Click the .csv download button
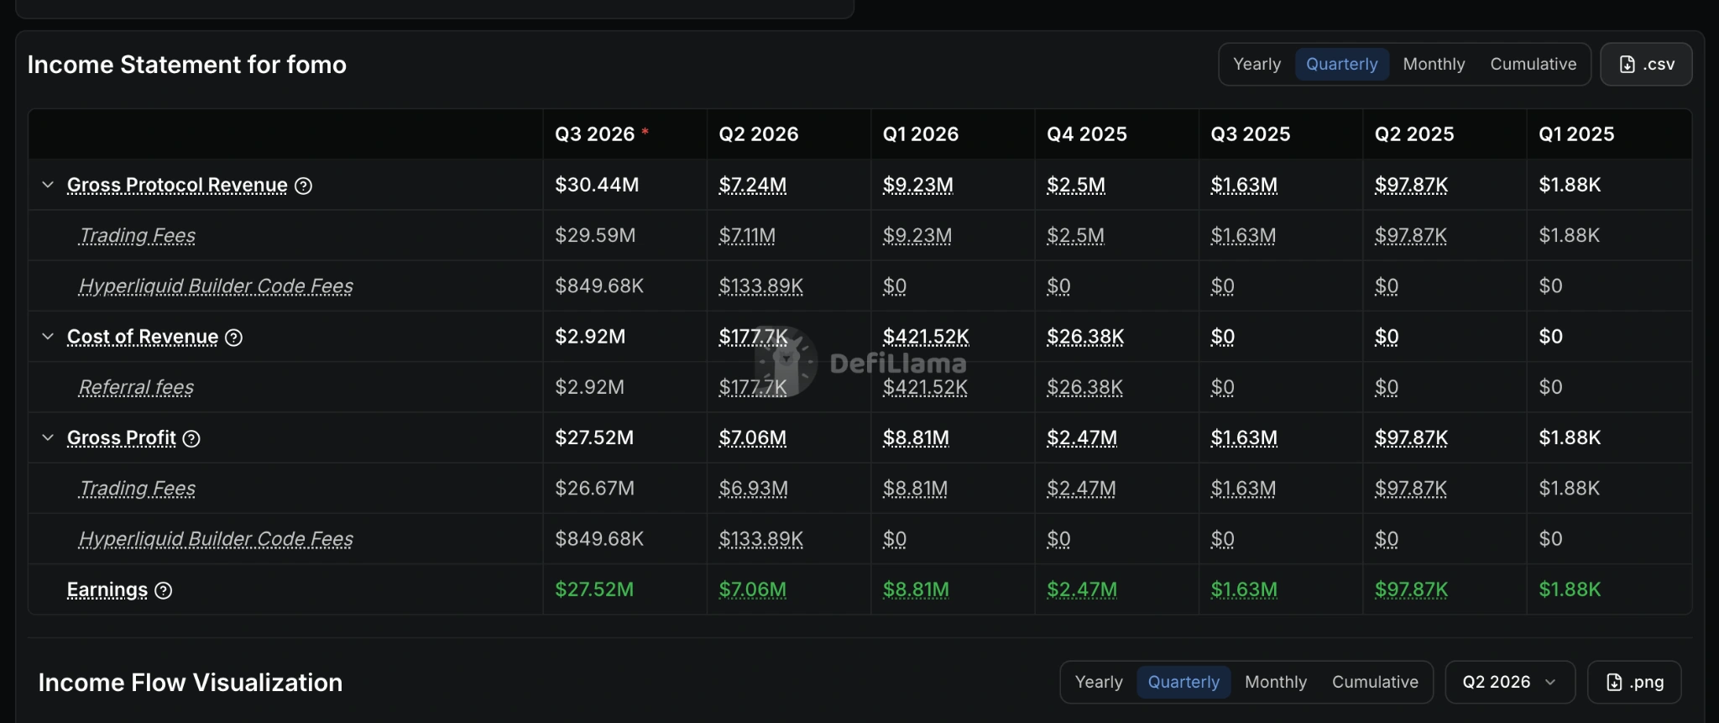tap(1646, 65)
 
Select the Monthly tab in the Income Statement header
tap(1434, 65)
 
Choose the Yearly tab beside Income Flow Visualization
tap(1099, 682)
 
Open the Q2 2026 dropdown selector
tap(1510, 682)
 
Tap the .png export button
tap(1634, 682)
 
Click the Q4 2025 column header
tap(1087, 134)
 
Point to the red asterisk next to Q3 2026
tap(645, 131)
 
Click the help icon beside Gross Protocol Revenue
tap(304, 186)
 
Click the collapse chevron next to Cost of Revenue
tap(48, 337)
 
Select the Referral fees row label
tap(136, 387)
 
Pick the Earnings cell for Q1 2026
tap(916, 589)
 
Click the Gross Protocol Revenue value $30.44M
tap(597, 185)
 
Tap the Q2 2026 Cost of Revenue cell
tap(753, 337)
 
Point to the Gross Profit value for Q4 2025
tap(1082, 437)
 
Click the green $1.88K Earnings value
tap(1570, 589)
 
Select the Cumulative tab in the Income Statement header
tap(1534, 65)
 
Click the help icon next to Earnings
tap(164, 590)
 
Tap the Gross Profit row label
tap(122, 437)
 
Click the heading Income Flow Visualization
tap(191, 683)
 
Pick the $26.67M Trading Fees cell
tap(594, 488)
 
